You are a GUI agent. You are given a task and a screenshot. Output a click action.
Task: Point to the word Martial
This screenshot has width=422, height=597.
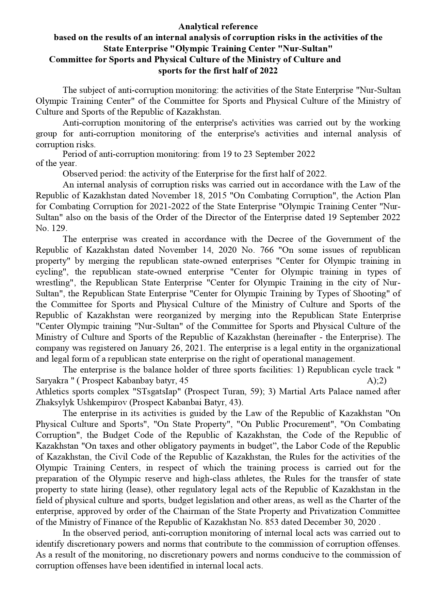pos(291,392)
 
